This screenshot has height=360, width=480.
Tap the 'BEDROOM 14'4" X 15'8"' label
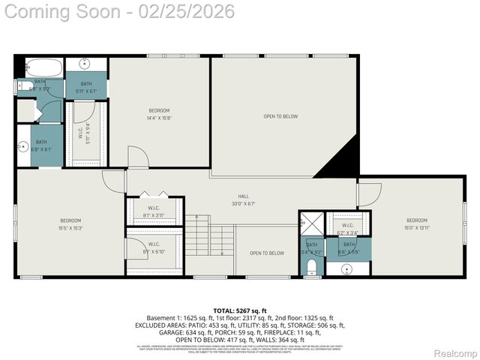[159, 114]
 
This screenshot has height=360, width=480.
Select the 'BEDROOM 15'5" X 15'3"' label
[70, 223]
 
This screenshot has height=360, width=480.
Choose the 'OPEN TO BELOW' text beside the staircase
[267, 253]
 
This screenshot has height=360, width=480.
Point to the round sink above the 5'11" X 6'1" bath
[85, 64]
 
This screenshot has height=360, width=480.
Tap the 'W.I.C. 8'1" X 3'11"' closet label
[153, 211]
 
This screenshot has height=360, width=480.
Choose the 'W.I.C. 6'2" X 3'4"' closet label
[348, 228]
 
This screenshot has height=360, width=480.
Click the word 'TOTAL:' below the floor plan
[223, 310]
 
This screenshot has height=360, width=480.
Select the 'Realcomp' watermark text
[457, 353]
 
